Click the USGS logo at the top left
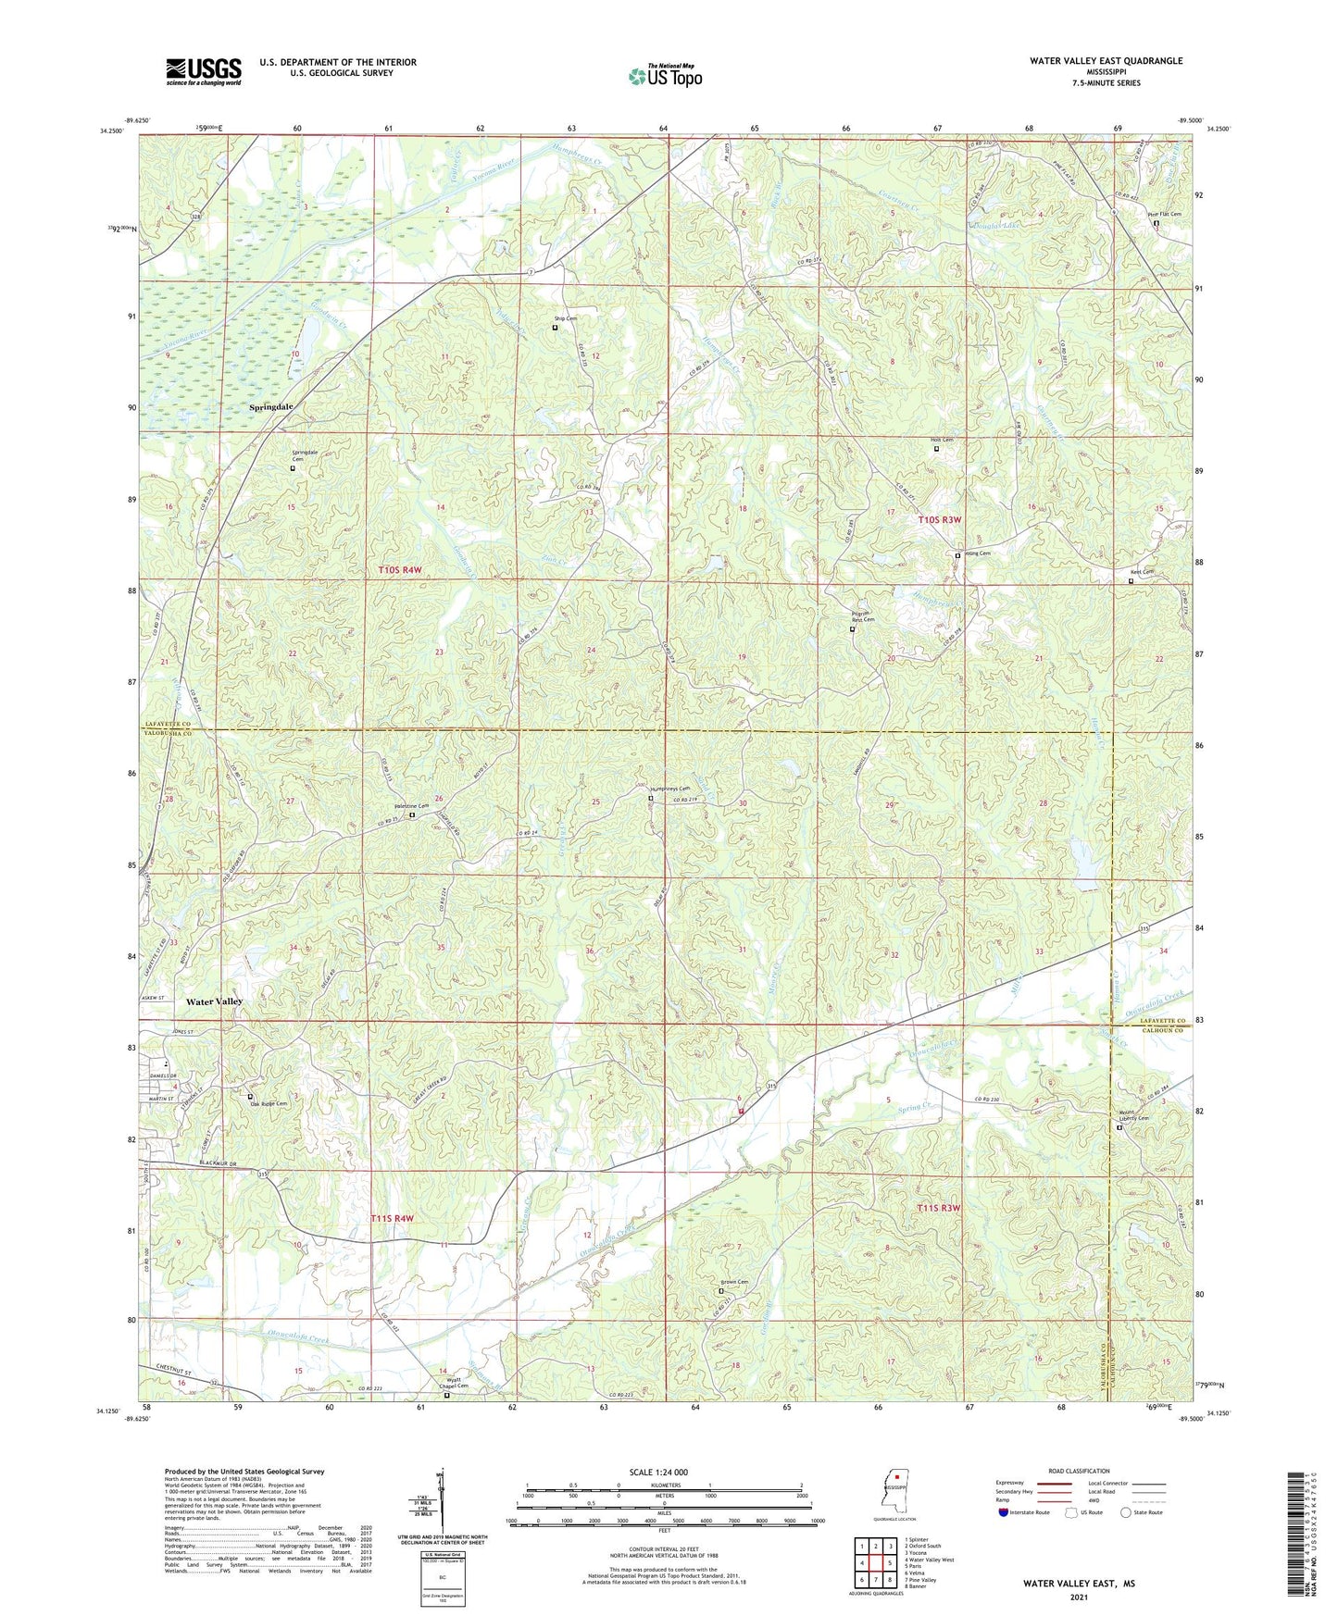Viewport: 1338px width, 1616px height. point(204,71)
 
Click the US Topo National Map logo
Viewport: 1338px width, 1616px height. point(664,75)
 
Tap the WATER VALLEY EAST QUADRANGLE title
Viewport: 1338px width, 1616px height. point(1106,61)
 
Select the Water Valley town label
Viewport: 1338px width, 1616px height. point(214,1001)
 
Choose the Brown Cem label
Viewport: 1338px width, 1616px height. point(734,1282)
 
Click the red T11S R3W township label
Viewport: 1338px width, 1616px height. point(939,1208)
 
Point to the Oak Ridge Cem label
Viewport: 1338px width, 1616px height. point(269,1103)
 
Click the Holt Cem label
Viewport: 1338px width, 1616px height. point(942,440)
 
